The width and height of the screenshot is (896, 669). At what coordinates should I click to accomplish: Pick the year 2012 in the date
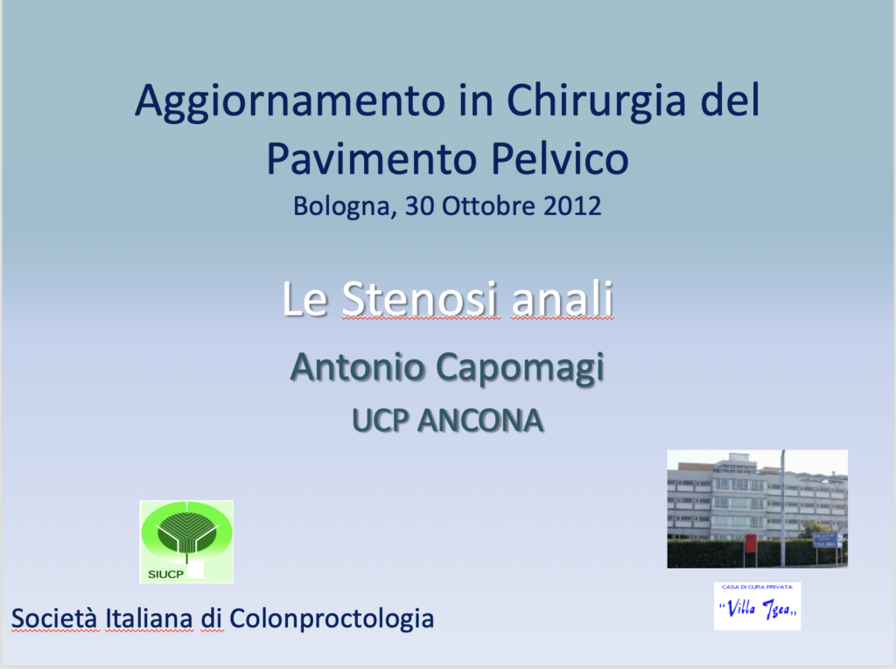(x=572, y=206)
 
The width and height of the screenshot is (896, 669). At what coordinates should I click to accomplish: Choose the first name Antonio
(x=358, y=366)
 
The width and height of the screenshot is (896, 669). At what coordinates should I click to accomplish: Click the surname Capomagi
(x=520, y=368)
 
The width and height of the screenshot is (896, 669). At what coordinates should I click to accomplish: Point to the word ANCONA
(x=480, y=421)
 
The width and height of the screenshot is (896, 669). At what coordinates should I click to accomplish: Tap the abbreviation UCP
(x=381, y=421)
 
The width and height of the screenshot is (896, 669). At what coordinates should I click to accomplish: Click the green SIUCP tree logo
(x=186, y=541)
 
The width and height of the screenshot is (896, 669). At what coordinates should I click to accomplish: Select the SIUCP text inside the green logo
(x=165, y=575)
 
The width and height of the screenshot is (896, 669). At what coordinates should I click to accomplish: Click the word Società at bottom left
(x=56, y=619)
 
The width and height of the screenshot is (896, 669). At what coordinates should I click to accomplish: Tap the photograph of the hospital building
(x=757, y=508)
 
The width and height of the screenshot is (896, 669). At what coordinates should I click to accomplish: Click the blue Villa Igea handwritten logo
(x=757, y=606)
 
